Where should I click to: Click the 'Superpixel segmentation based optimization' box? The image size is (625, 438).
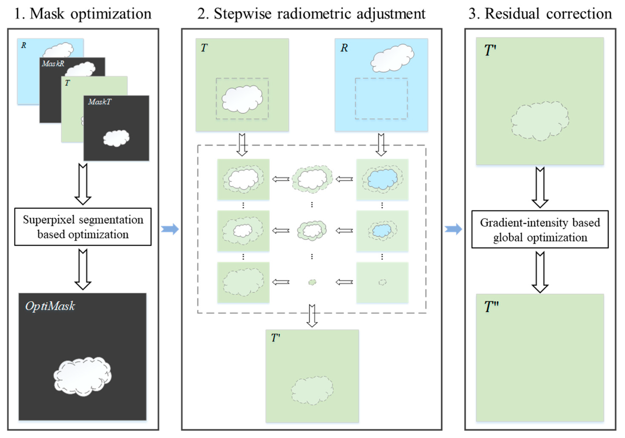click(x=83, y=227)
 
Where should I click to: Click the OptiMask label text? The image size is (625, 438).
click(x=50, y=306)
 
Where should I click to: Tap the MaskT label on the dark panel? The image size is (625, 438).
click(x=100, y=102)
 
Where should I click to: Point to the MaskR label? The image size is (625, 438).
click(x=53, y=64)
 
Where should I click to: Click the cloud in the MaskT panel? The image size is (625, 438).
click(x=116, y=138)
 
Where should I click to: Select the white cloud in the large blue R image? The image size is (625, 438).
click(x=392, y=58)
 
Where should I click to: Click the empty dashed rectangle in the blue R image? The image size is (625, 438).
click(x=381, y=98)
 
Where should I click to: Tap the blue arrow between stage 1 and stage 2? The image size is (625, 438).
click(x=170, y=229)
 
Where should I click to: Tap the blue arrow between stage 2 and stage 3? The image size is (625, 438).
click(x=453, y=229)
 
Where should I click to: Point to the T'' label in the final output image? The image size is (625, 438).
click(x=491, y=307)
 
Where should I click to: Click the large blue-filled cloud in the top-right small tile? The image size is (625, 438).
click(x=382, y=179)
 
